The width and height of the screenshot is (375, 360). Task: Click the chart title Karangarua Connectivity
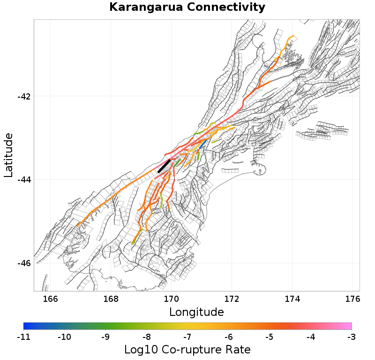[187, 8]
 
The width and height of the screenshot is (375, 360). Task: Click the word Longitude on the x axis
[196, 312]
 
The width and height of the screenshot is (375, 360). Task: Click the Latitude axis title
[8, 155]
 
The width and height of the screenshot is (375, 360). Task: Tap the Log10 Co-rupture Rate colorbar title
[187, 350]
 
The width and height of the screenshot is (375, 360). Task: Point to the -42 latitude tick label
[24, 97]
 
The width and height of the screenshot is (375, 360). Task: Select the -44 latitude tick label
[24, 180]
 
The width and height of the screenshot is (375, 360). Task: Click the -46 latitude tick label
[24, 263]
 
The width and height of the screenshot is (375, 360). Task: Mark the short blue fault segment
[202, 144]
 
